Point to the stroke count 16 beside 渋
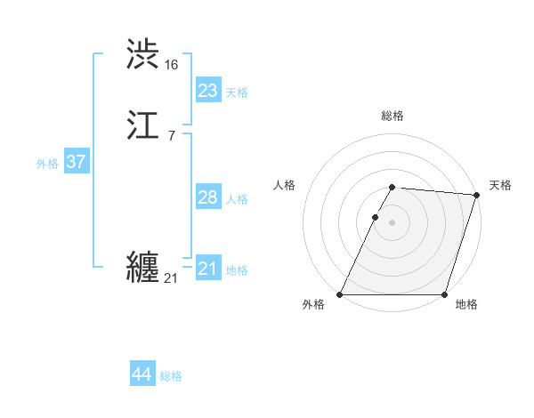coord(172,65)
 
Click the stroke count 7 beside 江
coord(172,135)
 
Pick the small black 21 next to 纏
coord(171,278)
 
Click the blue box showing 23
coord(207,91)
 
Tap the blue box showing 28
coord(207,197)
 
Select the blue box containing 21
coord(207,269)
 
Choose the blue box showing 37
coord(76,162)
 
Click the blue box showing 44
coord(142,374)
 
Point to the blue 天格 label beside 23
coord(236,92)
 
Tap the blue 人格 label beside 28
coord(236,199)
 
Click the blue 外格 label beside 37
coord(47,164)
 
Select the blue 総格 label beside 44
coord(171,376)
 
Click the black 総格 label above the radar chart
coord(392,116)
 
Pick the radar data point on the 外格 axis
coord(340,294)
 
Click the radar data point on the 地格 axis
coord(444,294)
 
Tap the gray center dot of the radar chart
coord(392,222)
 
